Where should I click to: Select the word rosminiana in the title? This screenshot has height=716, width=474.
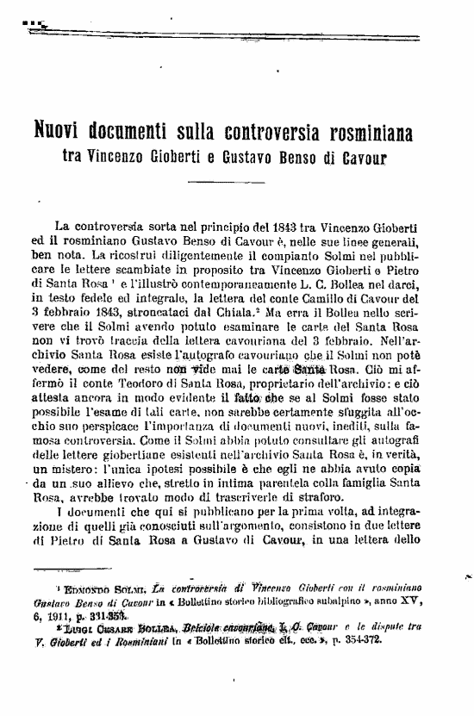click(366, 134)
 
